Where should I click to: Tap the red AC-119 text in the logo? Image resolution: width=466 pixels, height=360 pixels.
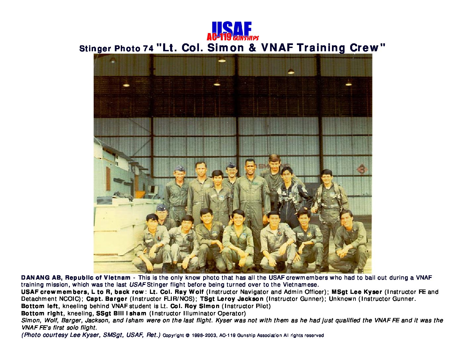(x=219, y=37)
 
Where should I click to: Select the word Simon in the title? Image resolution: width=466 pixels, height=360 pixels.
(x=226, y=48)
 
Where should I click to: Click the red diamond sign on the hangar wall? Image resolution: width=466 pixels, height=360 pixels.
(x=362, y=169)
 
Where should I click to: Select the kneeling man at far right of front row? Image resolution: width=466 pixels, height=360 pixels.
(x=349, y=241)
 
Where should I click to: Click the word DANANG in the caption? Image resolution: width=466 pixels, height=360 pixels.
(x=35, y=278)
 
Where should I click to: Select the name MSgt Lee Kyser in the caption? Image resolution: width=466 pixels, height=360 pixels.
(x=357, y=292)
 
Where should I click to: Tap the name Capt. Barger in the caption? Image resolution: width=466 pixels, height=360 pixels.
(x=107, y=299)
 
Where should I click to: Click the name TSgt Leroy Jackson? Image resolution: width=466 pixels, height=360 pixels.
(x=232, y=299)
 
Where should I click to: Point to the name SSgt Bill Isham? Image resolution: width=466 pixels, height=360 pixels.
(x=121, y=313)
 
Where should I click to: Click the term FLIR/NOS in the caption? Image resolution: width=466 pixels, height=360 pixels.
(x=179, y=299)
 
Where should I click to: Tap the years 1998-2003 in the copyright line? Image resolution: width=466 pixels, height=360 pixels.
(x=204, y=336)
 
